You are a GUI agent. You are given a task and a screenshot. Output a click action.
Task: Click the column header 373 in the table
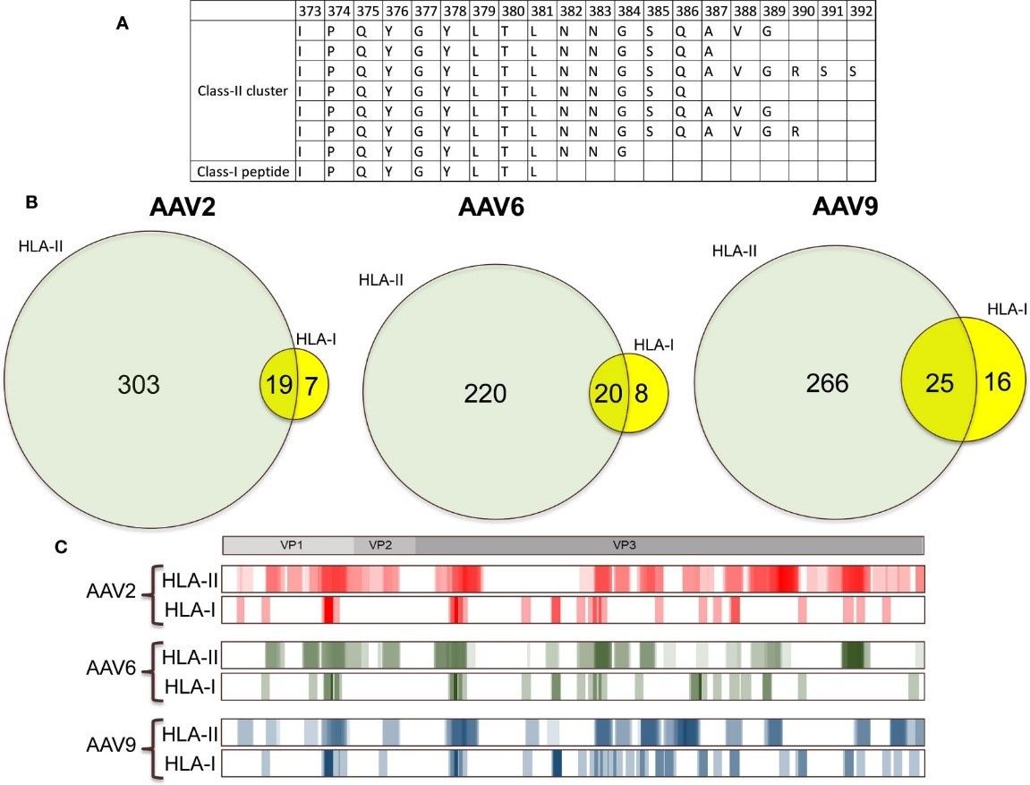click(310, 11)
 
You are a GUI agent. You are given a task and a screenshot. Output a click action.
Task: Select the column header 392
click(861, 11)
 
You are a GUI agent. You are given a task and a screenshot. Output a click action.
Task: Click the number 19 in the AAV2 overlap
click(275, 385)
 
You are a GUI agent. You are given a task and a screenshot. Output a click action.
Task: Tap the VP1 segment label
click(288, 543)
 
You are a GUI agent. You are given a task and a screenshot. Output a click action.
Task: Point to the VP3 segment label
click(624, 543)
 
